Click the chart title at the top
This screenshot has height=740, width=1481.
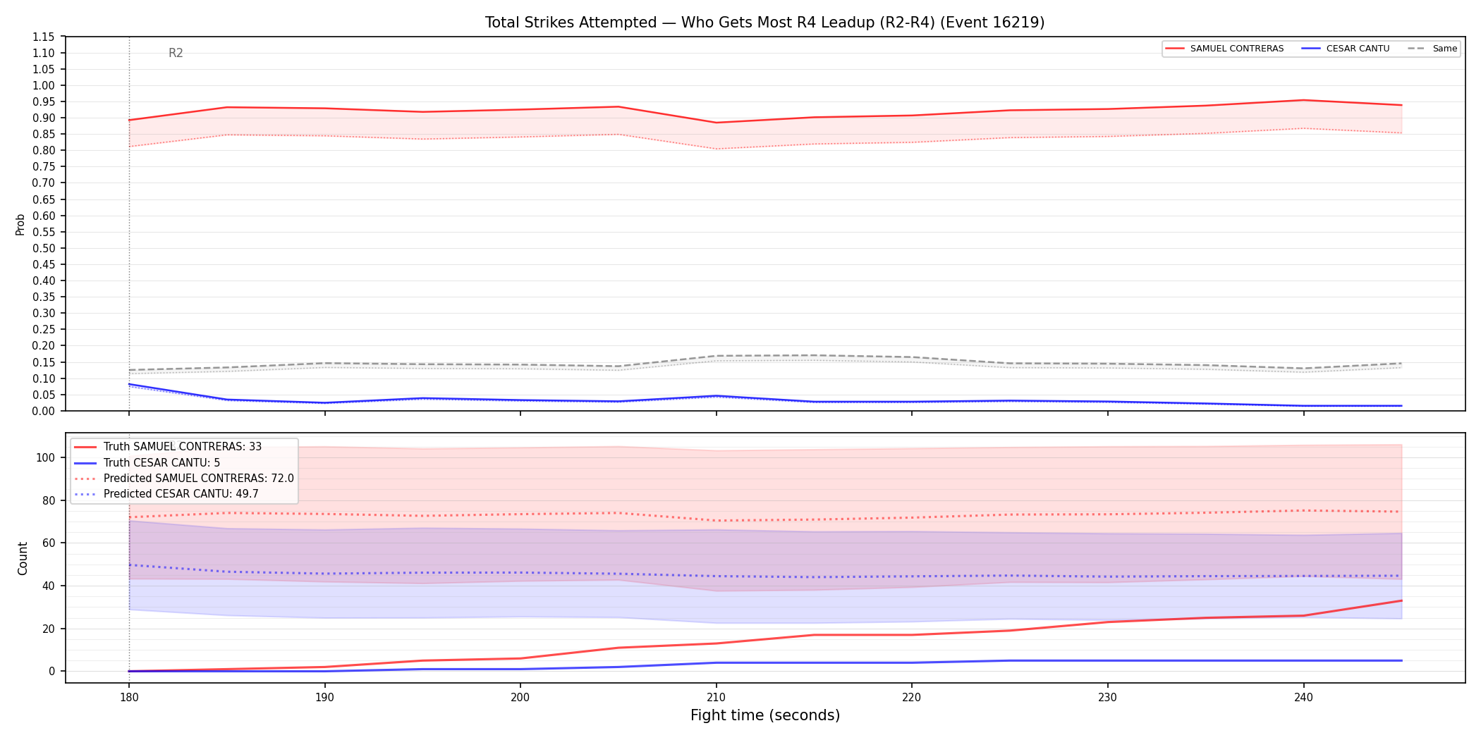[x=764, y=23]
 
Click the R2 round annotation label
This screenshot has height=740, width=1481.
[x=176, y=53]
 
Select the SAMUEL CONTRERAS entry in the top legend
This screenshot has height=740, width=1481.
[x=1224, y=49]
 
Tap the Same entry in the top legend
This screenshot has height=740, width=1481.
[x=1432, y=49]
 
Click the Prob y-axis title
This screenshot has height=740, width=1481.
[x=20, y=224]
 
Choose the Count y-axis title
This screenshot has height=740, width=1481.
[x=23, y=558]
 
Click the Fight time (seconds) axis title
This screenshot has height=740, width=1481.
[x=765, y=715]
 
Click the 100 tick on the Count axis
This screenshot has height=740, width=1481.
[x=46, y=457]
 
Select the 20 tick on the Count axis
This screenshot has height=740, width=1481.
[x=49, y=629]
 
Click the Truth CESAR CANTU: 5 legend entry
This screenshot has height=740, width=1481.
[x=147, y=463]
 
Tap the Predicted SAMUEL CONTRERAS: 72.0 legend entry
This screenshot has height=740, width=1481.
[x=184, y=479]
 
